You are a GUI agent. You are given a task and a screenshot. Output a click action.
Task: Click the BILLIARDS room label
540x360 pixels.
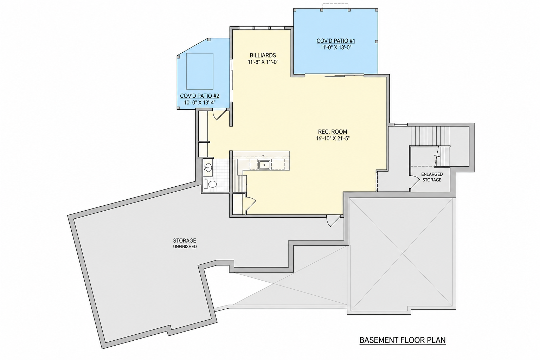click(x=263, y=56)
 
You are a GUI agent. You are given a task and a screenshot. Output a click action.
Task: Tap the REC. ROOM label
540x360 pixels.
click(x=333, y=131)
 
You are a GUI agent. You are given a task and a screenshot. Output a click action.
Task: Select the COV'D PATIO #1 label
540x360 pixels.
click(x=336, y=41)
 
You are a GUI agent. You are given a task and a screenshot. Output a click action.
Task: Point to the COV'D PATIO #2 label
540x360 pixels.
click(x=200, y=96)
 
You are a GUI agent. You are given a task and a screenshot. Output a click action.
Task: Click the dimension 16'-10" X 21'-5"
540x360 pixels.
click(x=333, y=139)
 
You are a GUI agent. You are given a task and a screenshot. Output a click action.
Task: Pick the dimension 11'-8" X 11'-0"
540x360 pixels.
click(x=263, y=62)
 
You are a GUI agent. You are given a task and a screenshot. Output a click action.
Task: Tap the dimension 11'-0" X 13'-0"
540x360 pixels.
click(x=336, y=47)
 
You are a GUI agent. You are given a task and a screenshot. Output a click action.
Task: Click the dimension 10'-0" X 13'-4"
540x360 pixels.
click(x=200, y=102)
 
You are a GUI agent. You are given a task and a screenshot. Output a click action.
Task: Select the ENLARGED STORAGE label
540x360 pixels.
click(x=432, y=177)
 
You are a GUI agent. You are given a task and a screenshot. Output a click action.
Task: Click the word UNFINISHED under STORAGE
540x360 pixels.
click(x=185, y=247)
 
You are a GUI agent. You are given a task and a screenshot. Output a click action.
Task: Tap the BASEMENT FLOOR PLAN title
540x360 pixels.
click(x=403, y=340)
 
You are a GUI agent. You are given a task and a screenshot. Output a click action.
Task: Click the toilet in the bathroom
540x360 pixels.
click(x=210, y=184)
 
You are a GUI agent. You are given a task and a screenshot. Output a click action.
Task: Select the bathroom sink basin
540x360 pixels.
click(x=208, y=167)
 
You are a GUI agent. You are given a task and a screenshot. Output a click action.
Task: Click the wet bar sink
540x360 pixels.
click(x=264, y=165)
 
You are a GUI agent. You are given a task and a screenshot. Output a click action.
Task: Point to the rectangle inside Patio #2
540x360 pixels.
click(x=200, y=71)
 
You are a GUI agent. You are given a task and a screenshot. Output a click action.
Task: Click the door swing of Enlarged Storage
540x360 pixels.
click(x=414, y=182)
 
